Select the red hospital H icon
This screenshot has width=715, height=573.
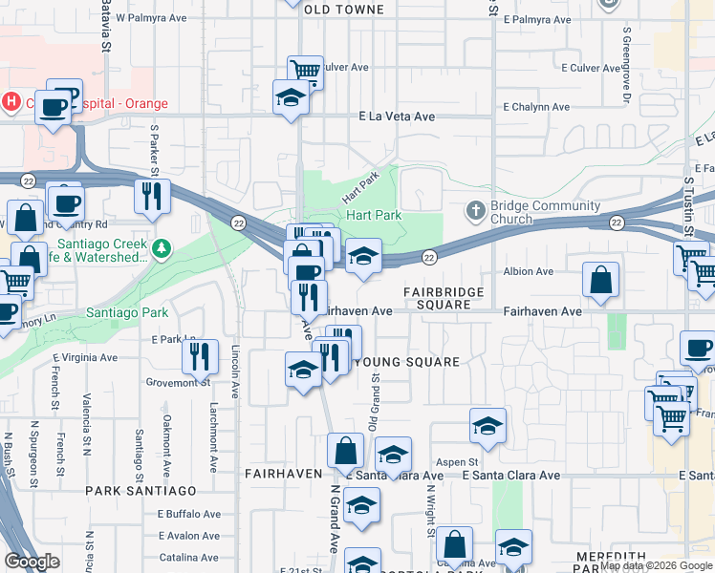pyautogui.click(x=11, y=100)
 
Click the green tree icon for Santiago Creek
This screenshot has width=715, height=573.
pyautogui.click(x=162, y=249)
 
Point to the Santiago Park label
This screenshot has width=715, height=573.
pyautogui.click(x=127, y=312)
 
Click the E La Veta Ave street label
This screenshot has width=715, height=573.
pyautogui.click(x=397, y=117)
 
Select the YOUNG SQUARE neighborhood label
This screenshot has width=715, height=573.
pyautogui.click(x=407, y=362)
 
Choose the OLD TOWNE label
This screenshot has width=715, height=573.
pyautogui.click(x=343, y=10)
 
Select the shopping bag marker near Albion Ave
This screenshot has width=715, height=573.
pyautogui.click(x=601, y=281)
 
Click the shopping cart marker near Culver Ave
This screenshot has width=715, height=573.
pyautogui.click(x=306, y=72)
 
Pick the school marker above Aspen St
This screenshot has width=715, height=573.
pyautogui.click(x=487, y=426)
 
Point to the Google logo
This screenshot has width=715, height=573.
pyautogui.click(x=32, y=562)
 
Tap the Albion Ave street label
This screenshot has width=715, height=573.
pyautogui.click(x=529, y=271)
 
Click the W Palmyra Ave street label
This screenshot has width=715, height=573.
pyautogui.click(x=147, y=17)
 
